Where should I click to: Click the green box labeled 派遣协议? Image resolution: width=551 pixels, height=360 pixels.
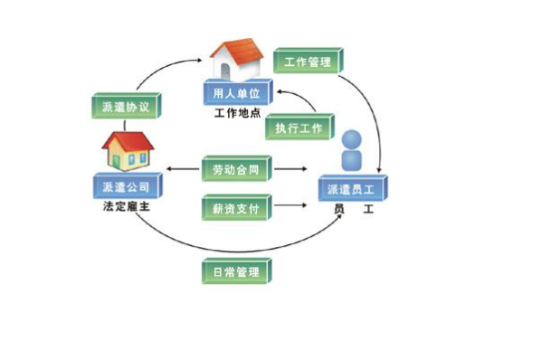pyautogui.click(x=127, y=106)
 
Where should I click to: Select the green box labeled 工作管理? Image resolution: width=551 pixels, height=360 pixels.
pyautogui.click(x=308, y=62)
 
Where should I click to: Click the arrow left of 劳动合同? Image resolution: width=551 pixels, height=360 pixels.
pyautogui.click(x=182, y=170)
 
